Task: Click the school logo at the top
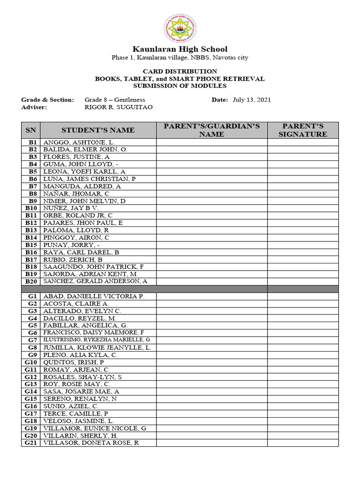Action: point(180,28)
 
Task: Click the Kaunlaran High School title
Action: point(180,49)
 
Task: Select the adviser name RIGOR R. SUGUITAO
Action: point(119,107)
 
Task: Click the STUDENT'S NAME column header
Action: point(98,130)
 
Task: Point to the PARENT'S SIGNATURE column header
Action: point(303,130)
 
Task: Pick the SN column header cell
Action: point(30,130)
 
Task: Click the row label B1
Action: point(33,142)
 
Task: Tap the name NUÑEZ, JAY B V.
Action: point(71,208)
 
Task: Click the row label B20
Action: point(31,281)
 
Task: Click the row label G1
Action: point(32,296)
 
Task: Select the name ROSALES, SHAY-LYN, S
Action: point(82,377)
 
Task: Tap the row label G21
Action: point(31,443)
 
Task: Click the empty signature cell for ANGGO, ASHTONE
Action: point(303,142)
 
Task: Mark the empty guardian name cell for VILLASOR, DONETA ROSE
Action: point(212,443)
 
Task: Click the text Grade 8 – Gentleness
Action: point(115,100)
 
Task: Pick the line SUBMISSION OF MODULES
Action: point(180,86)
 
